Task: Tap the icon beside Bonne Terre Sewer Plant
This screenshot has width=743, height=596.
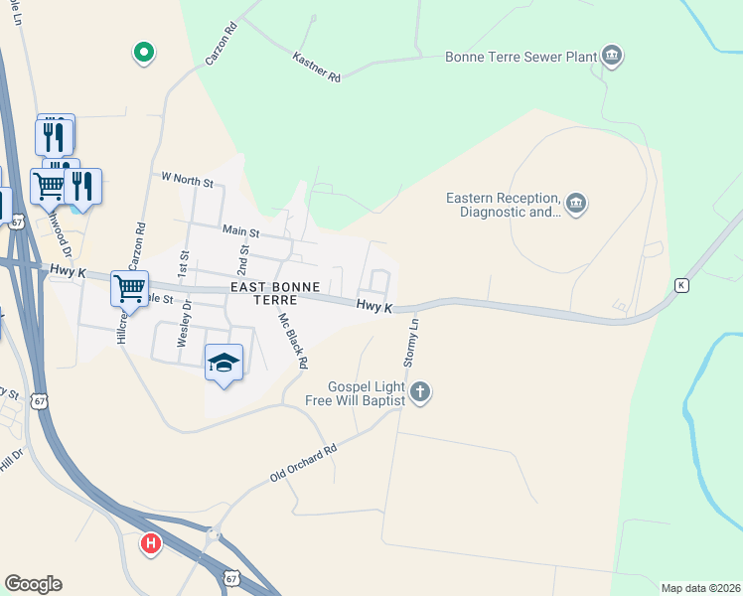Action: click(x=613, y=56)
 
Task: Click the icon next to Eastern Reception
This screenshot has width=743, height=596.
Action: click(x=577, y=205)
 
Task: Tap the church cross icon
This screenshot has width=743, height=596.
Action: click(x=420, y=392)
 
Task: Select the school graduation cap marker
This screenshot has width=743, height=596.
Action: click(x=224, y=364)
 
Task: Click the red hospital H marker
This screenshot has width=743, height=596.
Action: click(x=151, y=544)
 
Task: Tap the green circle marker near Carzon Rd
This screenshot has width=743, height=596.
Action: click(x=143, y=52)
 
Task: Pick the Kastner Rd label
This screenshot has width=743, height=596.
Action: click(x=317, y=68)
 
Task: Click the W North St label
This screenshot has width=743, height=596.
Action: click(x=188, y=182)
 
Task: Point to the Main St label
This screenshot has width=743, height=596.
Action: click(x=240, y=232)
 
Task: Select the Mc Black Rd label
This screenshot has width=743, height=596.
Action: click(x=293, y=340)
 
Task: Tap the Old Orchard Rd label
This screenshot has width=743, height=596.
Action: click(x=304, y=464)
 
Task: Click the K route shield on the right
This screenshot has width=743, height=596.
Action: click(x=681, y=285)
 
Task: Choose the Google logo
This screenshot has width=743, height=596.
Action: click(x=33, y=584)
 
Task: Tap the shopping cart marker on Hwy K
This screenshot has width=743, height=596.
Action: click(x=130, y=288)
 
